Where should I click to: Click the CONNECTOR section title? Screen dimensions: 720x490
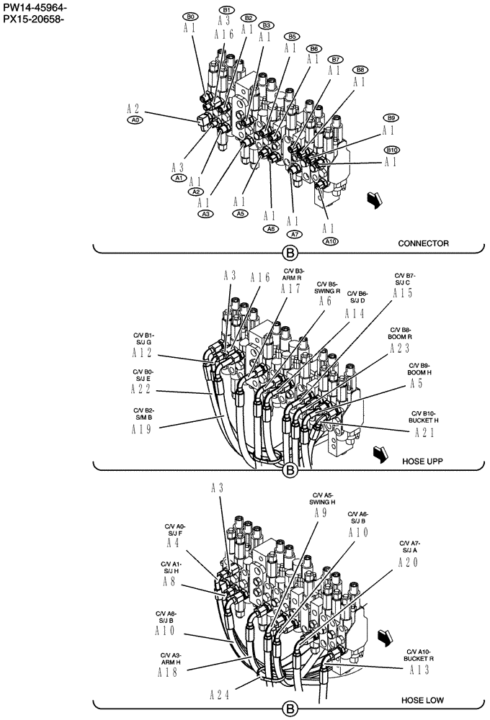pos(423,243)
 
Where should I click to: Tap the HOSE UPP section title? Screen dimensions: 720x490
pos(422,459)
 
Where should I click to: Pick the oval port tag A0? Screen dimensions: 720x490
pos(134,121)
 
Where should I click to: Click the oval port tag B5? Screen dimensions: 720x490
pos(291,36)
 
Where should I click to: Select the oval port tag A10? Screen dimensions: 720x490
pos(331,241)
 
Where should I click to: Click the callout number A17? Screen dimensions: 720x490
pos(290,289)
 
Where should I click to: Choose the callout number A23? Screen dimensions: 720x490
pos(399,348)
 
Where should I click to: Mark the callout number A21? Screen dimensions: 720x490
pos(425,432)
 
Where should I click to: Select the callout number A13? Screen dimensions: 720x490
pos(419,670)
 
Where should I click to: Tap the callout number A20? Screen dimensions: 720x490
pos(408,563)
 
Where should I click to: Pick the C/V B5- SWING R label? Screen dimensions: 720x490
pos(326,288)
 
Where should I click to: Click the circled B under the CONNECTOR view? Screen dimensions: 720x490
pos(290,253)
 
